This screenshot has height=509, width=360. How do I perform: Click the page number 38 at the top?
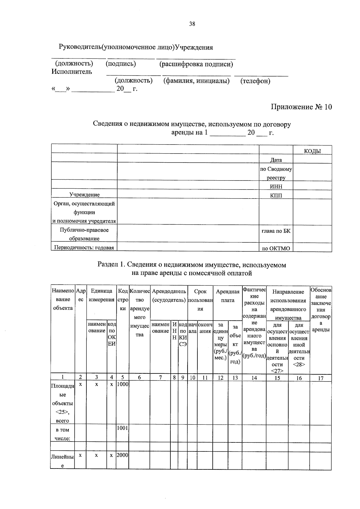pos(192,24)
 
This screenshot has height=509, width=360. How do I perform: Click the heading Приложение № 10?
pos(301,107)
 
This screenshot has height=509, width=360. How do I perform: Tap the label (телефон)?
pos(255,81)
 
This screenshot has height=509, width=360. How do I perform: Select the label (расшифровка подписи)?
pos(196,64)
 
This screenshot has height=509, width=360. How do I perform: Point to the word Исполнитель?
pos(72,72)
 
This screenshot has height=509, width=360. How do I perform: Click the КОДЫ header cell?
pos(312,151)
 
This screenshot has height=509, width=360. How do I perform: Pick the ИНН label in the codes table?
pos(276,187)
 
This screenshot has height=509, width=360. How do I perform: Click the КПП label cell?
pos(276,195)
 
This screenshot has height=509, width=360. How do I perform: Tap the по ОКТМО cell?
pos(276,248)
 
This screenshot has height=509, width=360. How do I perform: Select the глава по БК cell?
pos(276,231)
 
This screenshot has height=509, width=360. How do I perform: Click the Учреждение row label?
pos(84,195)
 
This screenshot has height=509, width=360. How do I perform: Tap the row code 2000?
pos(122,455)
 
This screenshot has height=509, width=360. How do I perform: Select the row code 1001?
pos(122,428)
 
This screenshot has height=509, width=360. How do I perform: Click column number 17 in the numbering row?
pos(321,378)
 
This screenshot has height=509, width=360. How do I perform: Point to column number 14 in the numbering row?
pos(254,378)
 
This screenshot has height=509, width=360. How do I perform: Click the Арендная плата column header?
pos(228,296)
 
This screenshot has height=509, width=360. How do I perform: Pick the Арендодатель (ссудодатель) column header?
pos(169,295)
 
